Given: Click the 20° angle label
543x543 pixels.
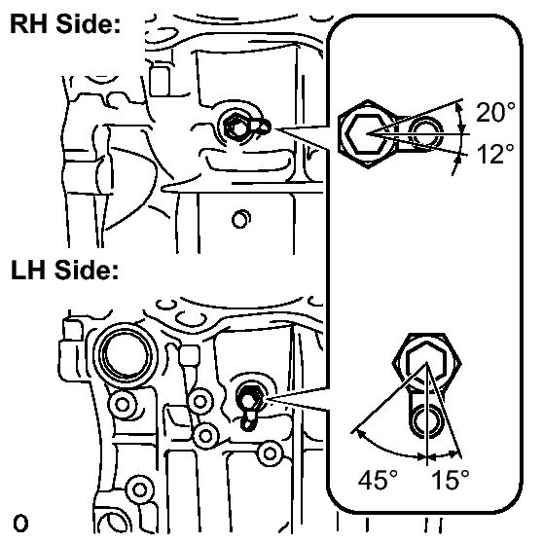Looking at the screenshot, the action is (495, 112).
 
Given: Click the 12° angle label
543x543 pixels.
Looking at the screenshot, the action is (495, 154).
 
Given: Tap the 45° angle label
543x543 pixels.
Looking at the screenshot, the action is (378, 480).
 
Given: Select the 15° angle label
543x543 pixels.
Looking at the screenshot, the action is (451, 480).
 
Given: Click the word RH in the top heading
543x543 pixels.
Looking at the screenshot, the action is (29, 24).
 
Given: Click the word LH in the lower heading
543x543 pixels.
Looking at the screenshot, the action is (28, 270).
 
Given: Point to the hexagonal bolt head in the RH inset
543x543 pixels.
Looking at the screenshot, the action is (367, 133).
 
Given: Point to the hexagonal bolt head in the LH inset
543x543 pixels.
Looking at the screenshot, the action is (426, 363).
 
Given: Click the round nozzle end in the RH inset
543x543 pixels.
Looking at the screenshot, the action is (425, 133).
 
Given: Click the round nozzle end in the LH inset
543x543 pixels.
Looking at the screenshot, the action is (427, 421).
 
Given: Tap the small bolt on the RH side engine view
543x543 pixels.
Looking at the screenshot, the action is (236, 127).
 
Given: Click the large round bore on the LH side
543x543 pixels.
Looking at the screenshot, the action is (125, 355).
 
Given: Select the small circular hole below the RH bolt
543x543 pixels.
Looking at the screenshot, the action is (240, 219).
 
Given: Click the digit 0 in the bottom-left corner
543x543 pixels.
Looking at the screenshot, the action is (20, 524).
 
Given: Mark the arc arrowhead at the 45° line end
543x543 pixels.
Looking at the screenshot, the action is (357, 433).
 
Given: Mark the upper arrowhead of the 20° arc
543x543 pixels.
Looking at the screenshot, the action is (459, 107).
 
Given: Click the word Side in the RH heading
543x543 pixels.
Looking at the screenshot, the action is (88, 24).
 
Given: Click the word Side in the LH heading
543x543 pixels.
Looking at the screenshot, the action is (87, 270).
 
